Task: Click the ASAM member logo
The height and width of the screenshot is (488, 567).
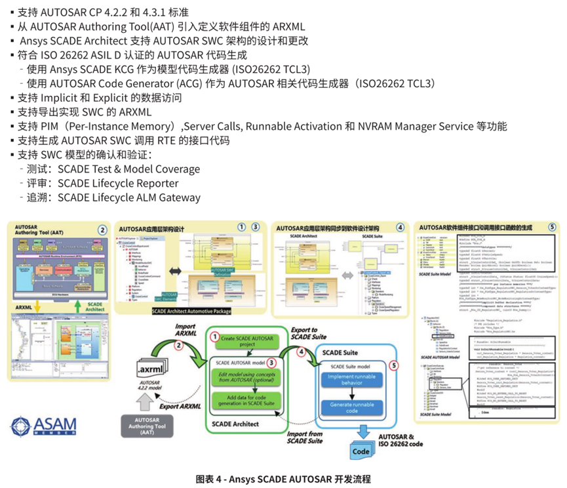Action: point(43,427)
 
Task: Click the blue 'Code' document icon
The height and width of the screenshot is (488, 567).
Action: point(361,452)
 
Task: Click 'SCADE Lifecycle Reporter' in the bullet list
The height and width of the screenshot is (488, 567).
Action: point(118,183)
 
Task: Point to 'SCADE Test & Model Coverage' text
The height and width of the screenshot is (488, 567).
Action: point(128,169)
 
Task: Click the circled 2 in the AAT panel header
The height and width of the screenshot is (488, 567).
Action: point(102,230)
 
